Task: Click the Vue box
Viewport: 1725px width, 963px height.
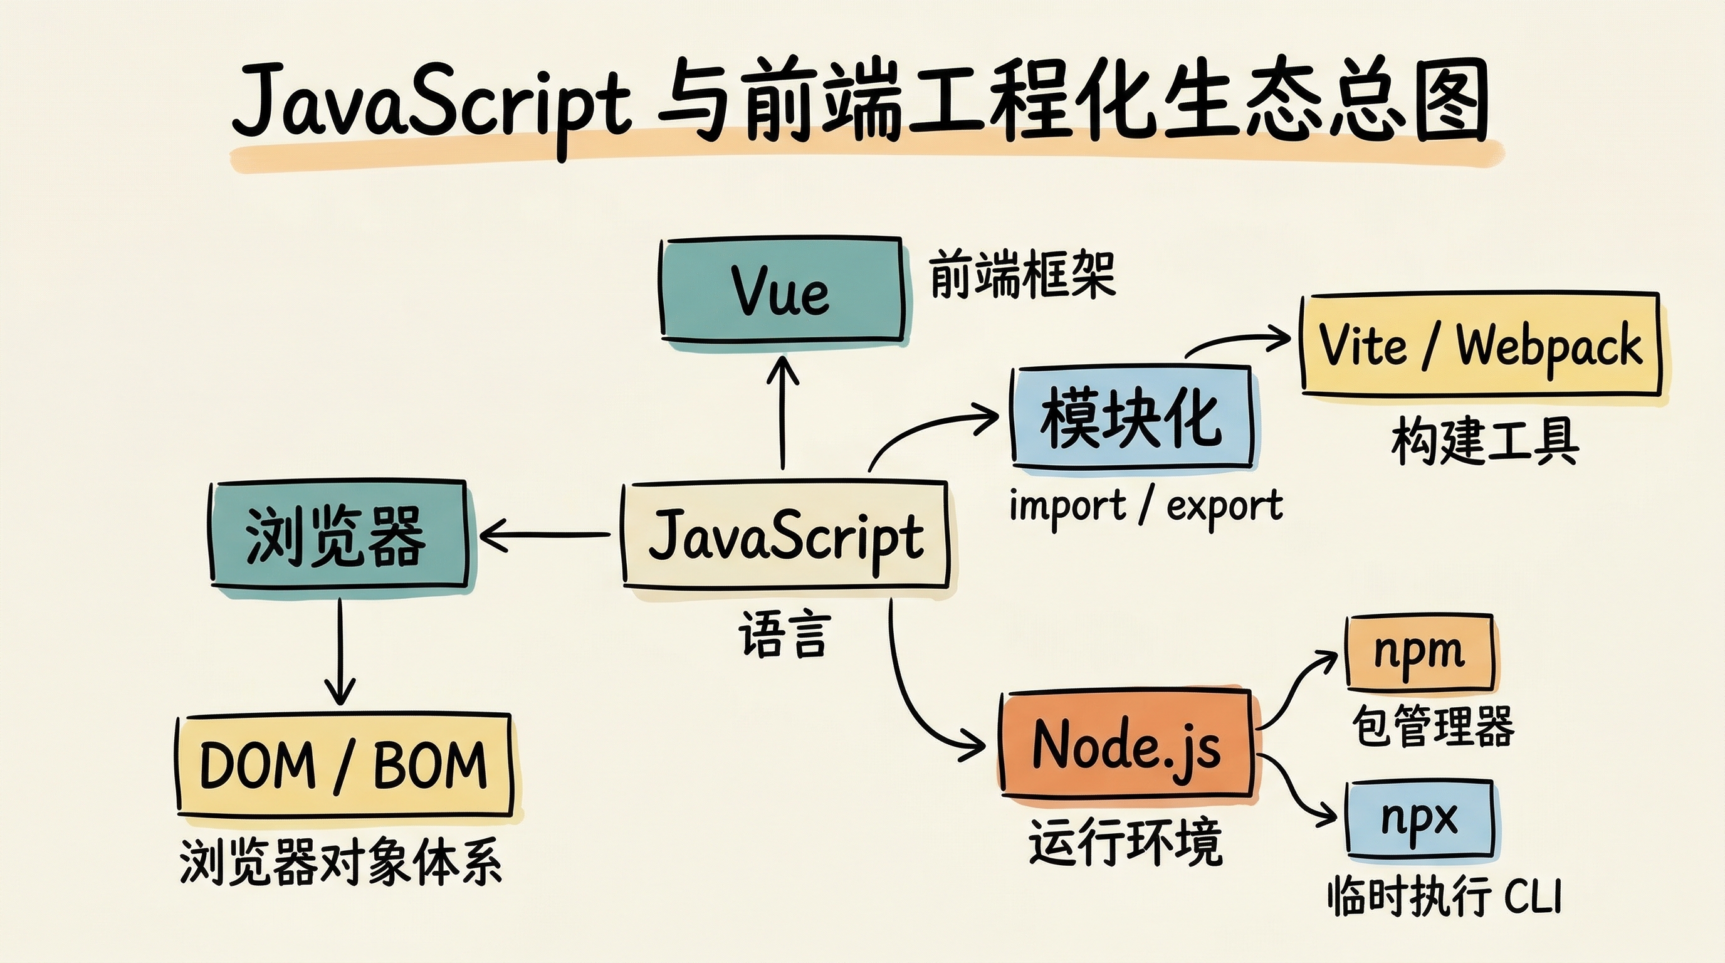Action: (782, 289)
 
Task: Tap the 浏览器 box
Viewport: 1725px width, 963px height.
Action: (337, 535)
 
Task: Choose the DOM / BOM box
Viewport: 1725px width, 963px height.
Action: (343, 765)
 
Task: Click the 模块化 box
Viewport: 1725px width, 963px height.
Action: (1131, 416)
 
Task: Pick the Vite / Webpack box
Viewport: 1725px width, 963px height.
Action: (1480, 344)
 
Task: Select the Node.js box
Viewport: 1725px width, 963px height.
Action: (1126, 745)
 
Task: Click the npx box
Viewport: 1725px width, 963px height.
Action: (1420, 818)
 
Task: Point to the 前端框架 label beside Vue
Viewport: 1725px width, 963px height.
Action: (1022, 275)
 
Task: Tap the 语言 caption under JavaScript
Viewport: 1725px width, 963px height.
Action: (784, 634)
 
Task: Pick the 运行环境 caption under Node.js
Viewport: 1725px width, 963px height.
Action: (1125, 843)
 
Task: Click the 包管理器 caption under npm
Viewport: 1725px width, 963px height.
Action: (1433, 726)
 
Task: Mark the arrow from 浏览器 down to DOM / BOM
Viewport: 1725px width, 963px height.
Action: (340, 650)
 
